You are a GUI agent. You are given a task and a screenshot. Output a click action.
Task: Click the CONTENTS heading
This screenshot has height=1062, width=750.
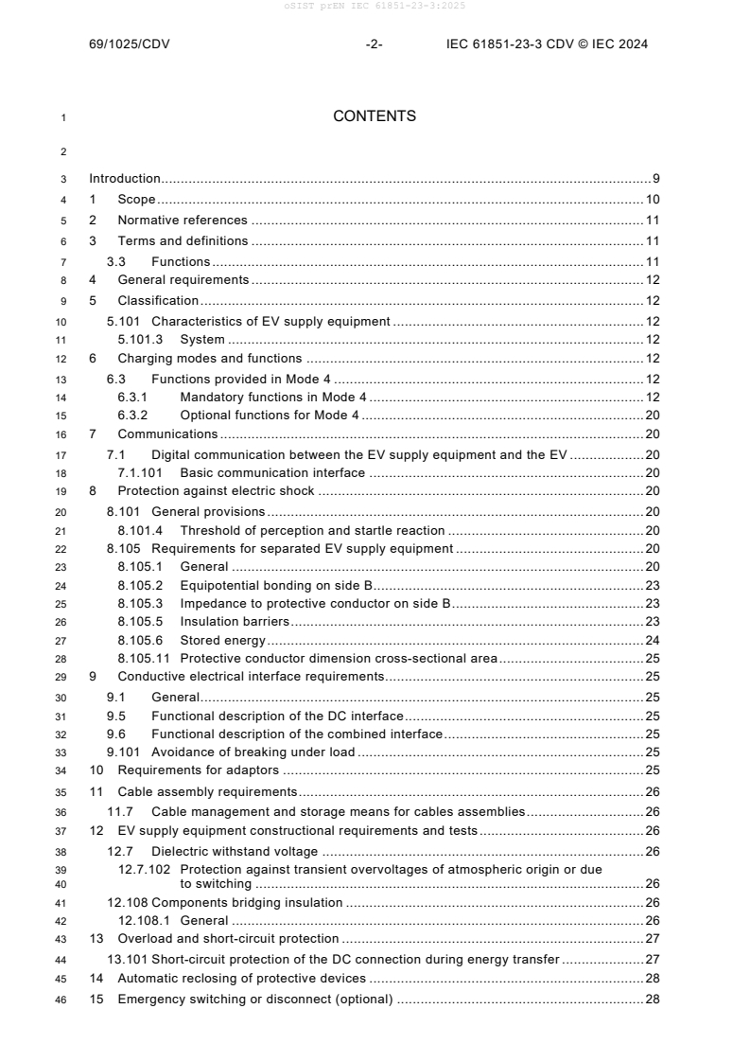point(375,116)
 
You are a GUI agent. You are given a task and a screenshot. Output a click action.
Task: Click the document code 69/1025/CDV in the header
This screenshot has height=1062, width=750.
point(129,44)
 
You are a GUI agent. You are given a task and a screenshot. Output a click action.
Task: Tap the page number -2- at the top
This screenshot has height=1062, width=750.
point(374,44)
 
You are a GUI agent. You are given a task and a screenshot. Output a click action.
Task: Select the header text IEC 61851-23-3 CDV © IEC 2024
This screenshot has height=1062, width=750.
point(547,44)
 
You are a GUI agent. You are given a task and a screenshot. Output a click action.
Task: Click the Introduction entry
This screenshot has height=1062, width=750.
point(125,178)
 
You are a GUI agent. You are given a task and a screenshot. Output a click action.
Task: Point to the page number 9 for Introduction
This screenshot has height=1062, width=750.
point(655,178)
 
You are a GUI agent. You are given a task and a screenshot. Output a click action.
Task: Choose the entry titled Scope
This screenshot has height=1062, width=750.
point(136,200)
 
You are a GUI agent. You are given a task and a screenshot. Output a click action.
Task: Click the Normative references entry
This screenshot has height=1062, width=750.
point(182,221)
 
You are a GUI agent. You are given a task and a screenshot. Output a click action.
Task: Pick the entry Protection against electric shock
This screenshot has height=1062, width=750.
point(216,491)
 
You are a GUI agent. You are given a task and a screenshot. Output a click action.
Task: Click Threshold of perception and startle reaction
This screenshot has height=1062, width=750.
point(312,531)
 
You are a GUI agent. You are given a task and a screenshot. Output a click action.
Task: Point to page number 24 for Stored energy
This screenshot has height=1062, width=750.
point(652,640)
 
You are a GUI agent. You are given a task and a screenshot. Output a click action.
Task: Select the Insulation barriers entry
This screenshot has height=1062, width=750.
point(235,622)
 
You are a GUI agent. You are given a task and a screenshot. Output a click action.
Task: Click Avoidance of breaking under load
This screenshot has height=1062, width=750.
point(253,752)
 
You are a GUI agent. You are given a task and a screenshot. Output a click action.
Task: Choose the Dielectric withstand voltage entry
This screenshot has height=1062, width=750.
point(235,851)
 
